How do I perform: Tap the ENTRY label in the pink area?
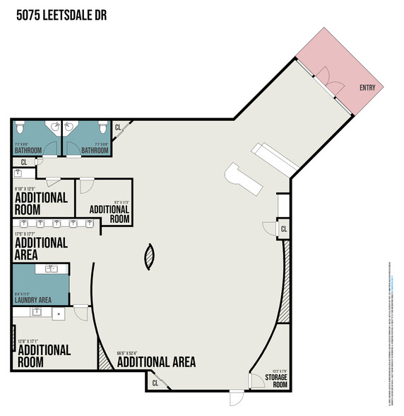click(367, 88)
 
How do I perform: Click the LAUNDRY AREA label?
click(32, 301)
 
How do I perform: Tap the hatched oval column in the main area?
click(148, 256)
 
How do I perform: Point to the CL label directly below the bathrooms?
click(23, 161)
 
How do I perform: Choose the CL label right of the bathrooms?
click(118, 128)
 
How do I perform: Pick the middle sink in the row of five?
click(57, 224)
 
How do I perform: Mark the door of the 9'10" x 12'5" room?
click(85, 185)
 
